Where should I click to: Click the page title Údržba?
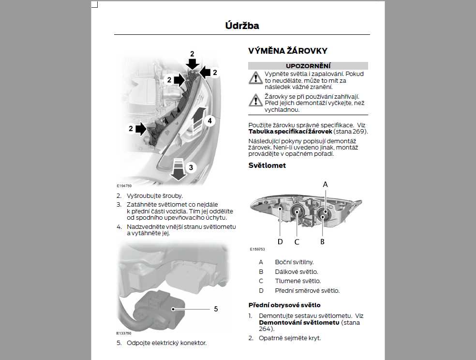coord(242,26)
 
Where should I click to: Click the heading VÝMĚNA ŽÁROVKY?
coord(288,51)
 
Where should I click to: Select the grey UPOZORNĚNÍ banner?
coord(308,66)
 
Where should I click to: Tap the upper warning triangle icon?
coord(255,78)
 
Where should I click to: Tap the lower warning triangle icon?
coord(255,100)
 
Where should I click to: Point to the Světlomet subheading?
coord(267,165)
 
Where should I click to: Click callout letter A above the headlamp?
coord(326,184)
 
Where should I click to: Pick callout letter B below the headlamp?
coord(322,241)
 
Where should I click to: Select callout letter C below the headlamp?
coord(297,241)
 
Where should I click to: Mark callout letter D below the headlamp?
coord(280,241)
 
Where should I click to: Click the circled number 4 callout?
coord(209,121)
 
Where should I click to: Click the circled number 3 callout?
coord(191,167)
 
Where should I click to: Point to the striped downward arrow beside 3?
coord(178,169)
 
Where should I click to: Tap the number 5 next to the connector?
coord(216,308)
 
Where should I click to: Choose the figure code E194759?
coord(124,185)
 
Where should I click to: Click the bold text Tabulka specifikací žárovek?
coord(290,131)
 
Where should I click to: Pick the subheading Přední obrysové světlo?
coord(284,305)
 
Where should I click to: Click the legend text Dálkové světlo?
coord(297,271)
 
